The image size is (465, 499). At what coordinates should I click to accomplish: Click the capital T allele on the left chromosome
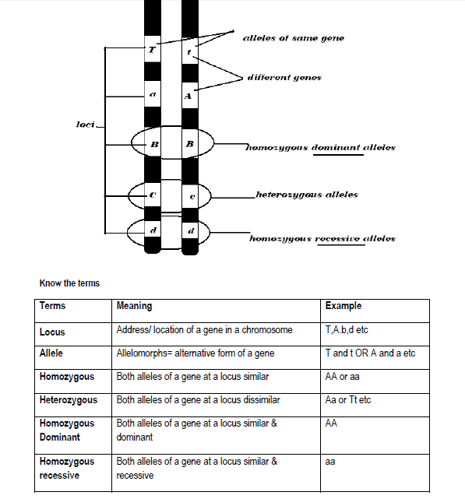152,50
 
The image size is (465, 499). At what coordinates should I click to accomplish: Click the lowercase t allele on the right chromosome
189,51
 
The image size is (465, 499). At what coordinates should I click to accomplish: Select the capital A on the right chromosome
188,96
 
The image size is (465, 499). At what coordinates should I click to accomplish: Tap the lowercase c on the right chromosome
192,197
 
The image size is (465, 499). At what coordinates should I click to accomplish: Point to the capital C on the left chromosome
153,195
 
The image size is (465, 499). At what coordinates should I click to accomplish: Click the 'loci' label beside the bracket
86,124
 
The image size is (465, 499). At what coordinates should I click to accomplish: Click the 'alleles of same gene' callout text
294,38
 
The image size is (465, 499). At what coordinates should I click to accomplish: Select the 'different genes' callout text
284,77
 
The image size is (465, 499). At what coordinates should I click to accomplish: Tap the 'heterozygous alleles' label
307,195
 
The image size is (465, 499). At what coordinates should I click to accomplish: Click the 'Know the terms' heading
69,283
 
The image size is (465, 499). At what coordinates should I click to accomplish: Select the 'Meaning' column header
134,306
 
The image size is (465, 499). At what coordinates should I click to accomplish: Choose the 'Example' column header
343,306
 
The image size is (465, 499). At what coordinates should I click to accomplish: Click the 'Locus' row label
52,332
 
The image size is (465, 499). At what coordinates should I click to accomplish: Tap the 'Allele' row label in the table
51,353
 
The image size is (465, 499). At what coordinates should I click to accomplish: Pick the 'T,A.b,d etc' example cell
347,330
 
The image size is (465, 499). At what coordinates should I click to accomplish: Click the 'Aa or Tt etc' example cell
348,399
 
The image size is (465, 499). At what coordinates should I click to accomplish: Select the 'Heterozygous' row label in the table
69,400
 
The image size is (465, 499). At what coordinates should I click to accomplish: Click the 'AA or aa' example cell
343,377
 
